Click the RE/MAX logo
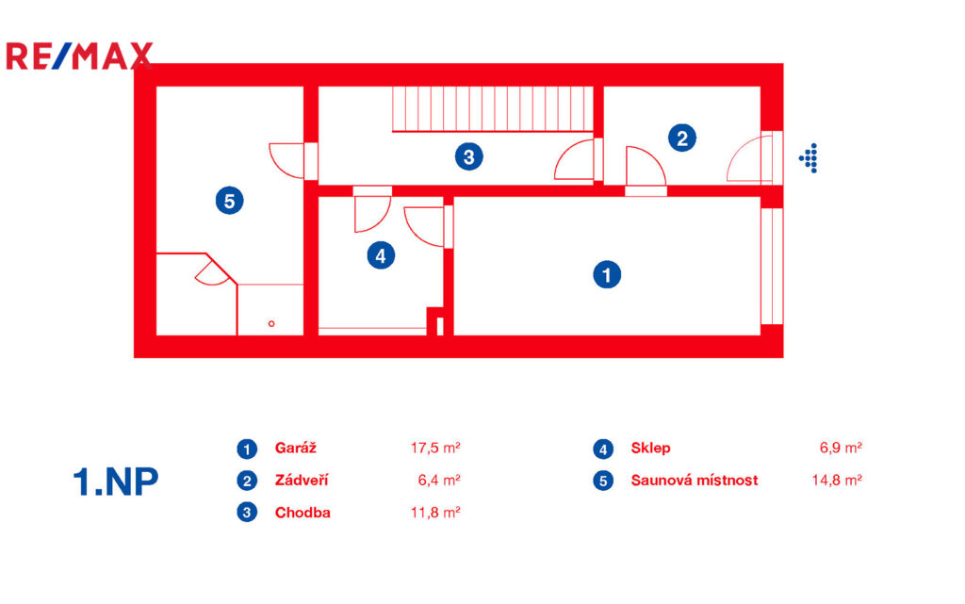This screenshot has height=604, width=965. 79,56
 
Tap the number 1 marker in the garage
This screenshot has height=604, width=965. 607,274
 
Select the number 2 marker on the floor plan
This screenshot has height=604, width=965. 682,138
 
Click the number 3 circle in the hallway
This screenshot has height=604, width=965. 469,156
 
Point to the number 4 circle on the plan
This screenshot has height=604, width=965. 381,255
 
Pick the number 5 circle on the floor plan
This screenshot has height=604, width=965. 230,201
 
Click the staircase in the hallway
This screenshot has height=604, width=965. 493,109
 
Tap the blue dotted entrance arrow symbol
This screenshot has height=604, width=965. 809,158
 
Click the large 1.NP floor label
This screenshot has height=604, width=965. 116,482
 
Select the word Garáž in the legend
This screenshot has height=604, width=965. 295,448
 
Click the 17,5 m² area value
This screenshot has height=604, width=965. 435,448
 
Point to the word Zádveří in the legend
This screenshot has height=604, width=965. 302,480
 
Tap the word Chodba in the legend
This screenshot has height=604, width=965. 303,513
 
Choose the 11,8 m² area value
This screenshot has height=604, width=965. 435,513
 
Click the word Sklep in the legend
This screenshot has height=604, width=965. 650,448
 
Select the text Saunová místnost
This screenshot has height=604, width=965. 695,480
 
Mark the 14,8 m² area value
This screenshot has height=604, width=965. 837,480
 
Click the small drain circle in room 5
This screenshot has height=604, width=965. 271,323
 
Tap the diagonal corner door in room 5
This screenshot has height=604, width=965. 212,272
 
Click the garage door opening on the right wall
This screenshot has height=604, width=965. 772,267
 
